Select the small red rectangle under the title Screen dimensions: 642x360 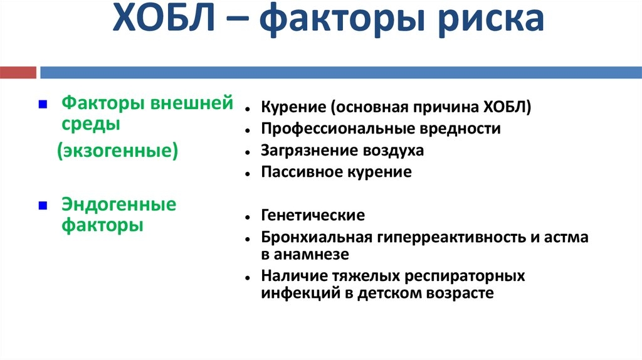(18, 73)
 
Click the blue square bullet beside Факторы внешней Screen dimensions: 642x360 (43, 105)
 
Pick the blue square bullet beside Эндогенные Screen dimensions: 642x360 (43, 205)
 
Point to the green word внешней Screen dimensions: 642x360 (192, 102)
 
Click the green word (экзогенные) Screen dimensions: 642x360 (117, 151)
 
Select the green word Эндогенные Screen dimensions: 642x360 (118, 204)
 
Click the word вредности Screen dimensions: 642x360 (457, 129)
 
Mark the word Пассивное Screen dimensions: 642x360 (302, 172)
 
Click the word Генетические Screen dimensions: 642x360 (313, 215)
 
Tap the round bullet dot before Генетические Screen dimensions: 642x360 (247, 217)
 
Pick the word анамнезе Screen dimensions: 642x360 (311, 255)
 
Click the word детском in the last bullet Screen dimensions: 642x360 (389, 294)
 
